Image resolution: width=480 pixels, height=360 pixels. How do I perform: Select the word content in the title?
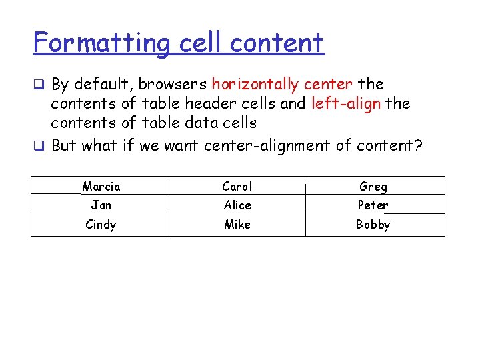coord(277,44)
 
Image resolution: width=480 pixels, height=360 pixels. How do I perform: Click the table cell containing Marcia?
coord(101,186)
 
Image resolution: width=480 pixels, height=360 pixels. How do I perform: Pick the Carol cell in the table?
coord(237,186)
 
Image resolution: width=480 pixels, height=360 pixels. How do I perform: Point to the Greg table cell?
coord(373,187)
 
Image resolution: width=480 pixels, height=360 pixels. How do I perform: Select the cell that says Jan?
coord(101,205)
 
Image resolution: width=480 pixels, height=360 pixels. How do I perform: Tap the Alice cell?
coord(237,205)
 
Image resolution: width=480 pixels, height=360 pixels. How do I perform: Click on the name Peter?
coord(373,205)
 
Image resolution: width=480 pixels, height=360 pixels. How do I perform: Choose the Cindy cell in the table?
coord(101,225)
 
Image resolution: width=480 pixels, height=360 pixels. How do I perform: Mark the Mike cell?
coord(237,225)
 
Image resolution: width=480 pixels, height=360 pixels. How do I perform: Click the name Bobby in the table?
coord(373,225)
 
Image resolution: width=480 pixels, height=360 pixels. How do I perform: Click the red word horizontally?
coord(255,85)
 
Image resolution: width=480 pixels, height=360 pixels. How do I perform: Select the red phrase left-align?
coord(345,104)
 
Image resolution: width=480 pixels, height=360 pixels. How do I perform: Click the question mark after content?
coord(418,145)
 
